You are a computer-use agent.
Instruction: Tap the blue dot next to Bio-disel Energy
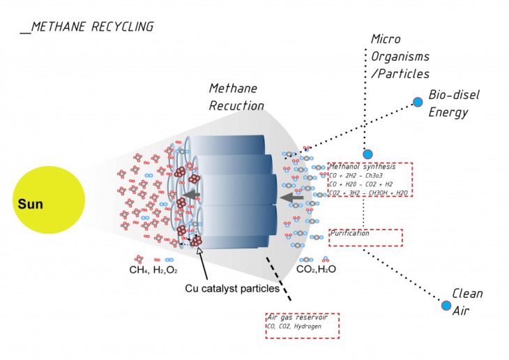(418, 102)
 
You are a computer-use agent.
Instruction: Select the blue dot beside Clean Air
(446, 305)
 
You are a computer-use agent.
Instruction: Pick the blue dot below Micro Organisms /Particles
(367, 154)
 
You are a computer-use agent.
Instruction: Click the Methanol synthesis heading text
(362, 167)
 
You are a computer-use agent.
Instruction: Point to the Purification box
(365, 237)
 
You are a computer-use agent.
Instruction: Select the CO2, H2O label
(317, 269)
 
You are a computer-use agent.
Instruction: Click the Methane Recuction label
(236, 98)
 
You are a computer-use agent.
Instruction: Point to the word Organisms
(400, 56)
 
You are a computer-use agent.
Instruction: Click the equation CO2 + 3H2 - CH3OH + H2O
(367, 193)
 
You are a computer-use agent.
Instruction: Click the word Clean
(467, 294)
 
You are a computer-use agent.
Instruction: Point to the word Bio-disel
(454, 94)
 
